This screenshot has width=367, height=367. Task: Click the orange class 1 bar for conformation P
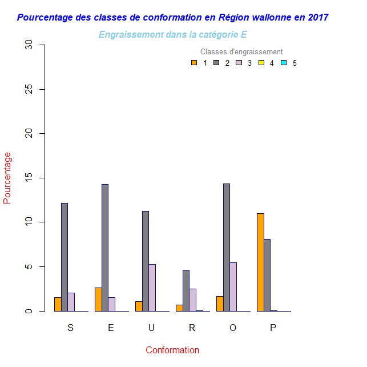260,262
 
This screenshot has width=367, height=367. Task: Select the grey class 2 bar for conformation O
227,247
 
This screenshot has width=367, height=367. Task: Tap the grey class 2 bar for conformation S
64,257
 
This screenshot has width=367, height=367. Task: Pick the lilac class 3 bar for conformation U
152,288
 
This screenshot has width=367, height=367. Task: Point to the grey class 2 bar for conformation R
186,290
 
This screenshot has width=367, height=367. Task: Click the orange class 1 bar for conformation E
98,299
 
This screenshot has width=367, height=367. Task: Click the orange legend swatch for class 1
194,63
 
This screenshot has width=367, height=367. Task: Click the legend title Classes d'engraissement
241,52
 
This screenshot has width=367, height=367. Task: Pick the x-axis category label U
151,328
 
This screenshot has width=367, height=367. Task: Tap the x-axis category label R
192,328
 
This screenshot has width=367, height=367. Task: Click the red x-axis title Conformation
172,350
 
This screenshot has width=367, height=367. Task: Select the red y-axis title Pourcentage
7,178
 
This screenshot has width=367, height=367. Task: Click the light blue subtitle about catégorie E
172,35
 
